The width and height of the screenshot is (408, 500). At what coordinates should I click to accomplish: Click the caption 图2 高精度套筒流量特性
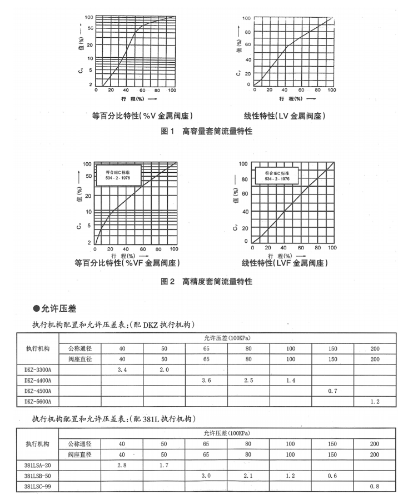(206, 282)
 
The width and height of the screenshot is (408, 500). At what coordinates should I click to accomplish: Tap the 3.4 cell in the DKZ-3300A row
(122, 369)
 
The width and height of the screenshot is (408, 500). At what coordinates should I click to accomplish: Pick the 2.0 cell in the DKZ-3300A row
(164, 369)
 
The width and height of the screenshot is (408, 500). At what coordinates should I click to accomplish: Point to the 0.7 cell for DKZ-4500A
(332, 390)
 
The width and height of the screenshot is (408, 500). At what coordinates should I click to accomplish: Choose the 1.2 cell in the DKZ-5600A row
(375, 401)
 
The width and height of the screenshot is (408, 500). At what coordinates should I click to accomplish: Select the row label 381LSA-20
(38, 465)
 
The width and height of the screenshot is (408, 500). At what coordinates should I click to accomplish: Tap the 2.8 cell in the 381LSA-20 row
(122, 465)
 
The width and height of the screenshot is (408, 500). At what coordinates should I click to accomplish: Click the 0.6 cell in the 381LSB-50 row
(332, 476)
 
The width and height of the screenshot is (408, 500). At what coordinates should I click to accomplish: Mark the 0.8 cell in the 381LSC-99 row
(375, 486)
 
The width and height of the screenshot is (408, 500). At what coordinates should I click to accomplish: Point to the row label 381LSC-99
(38, 486)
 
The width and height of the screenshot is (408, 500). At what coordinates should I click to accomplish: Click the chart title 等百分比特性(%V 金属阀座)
(142, 116)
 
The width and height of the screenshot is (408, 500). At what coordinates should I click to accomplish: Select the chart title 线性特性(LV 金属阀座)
(285, 116)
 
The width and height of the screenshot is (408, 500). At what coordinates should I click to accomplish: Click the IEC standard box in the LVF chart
(277, 176)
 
